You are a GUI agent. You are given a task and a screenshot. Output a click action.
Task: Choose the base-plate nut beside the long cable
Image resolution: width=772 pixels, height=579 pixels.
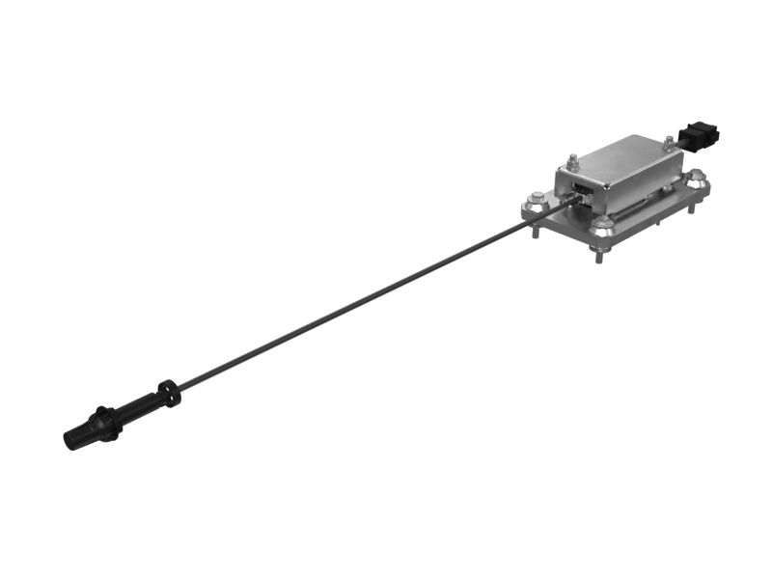click(x=536, y=203)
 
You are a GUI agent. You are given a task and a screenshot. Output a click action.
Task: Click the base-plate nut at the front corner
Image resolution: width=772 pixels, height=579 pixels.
click(x=603, y=226)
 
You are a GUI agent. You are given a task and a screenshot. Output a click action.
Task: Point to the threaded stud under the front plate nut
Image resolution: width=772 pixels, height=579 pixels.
click(x=602, y=252)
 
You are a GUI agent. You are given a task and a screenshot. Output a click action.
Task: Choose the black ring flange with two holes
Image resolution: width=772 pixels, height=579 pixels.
click(x=169, y=393)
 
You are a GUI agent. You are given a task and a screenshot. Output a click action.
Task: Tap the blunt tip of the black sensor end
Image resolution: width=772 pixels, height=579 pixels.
click(x=69, y=441)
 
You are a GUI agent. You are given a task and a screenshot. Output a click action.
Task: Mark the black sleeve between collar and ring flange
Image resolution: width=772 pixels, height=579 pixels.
click(x=140, y=406)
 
